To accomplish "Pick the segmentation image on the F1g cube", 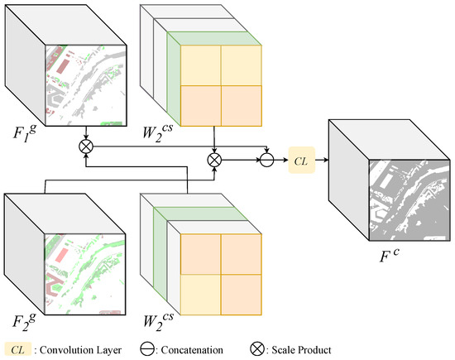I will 84,83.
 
